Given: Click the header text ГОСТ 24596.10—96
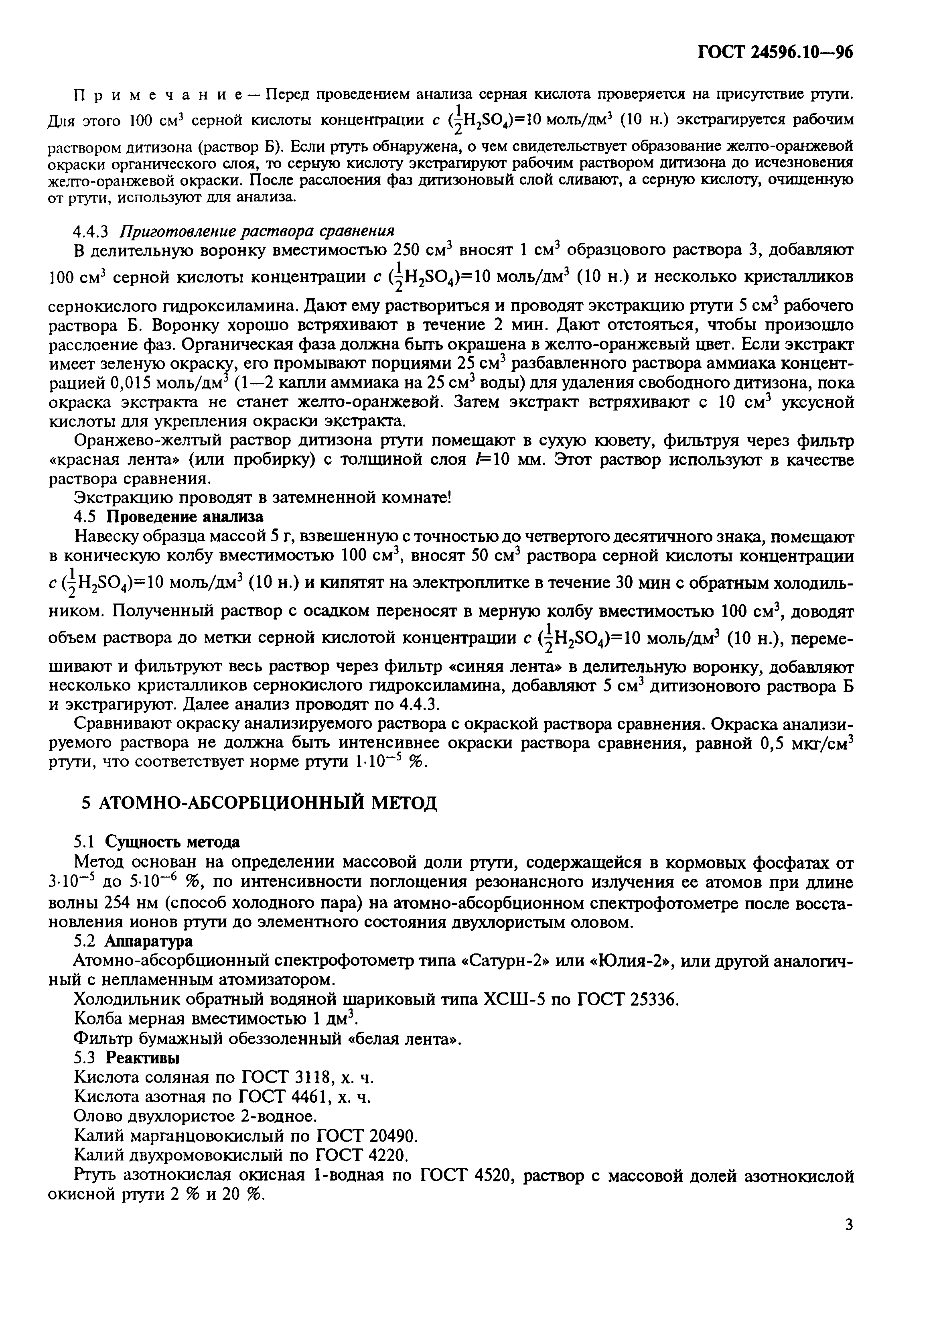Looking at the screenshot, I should (x=775, y=53).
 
